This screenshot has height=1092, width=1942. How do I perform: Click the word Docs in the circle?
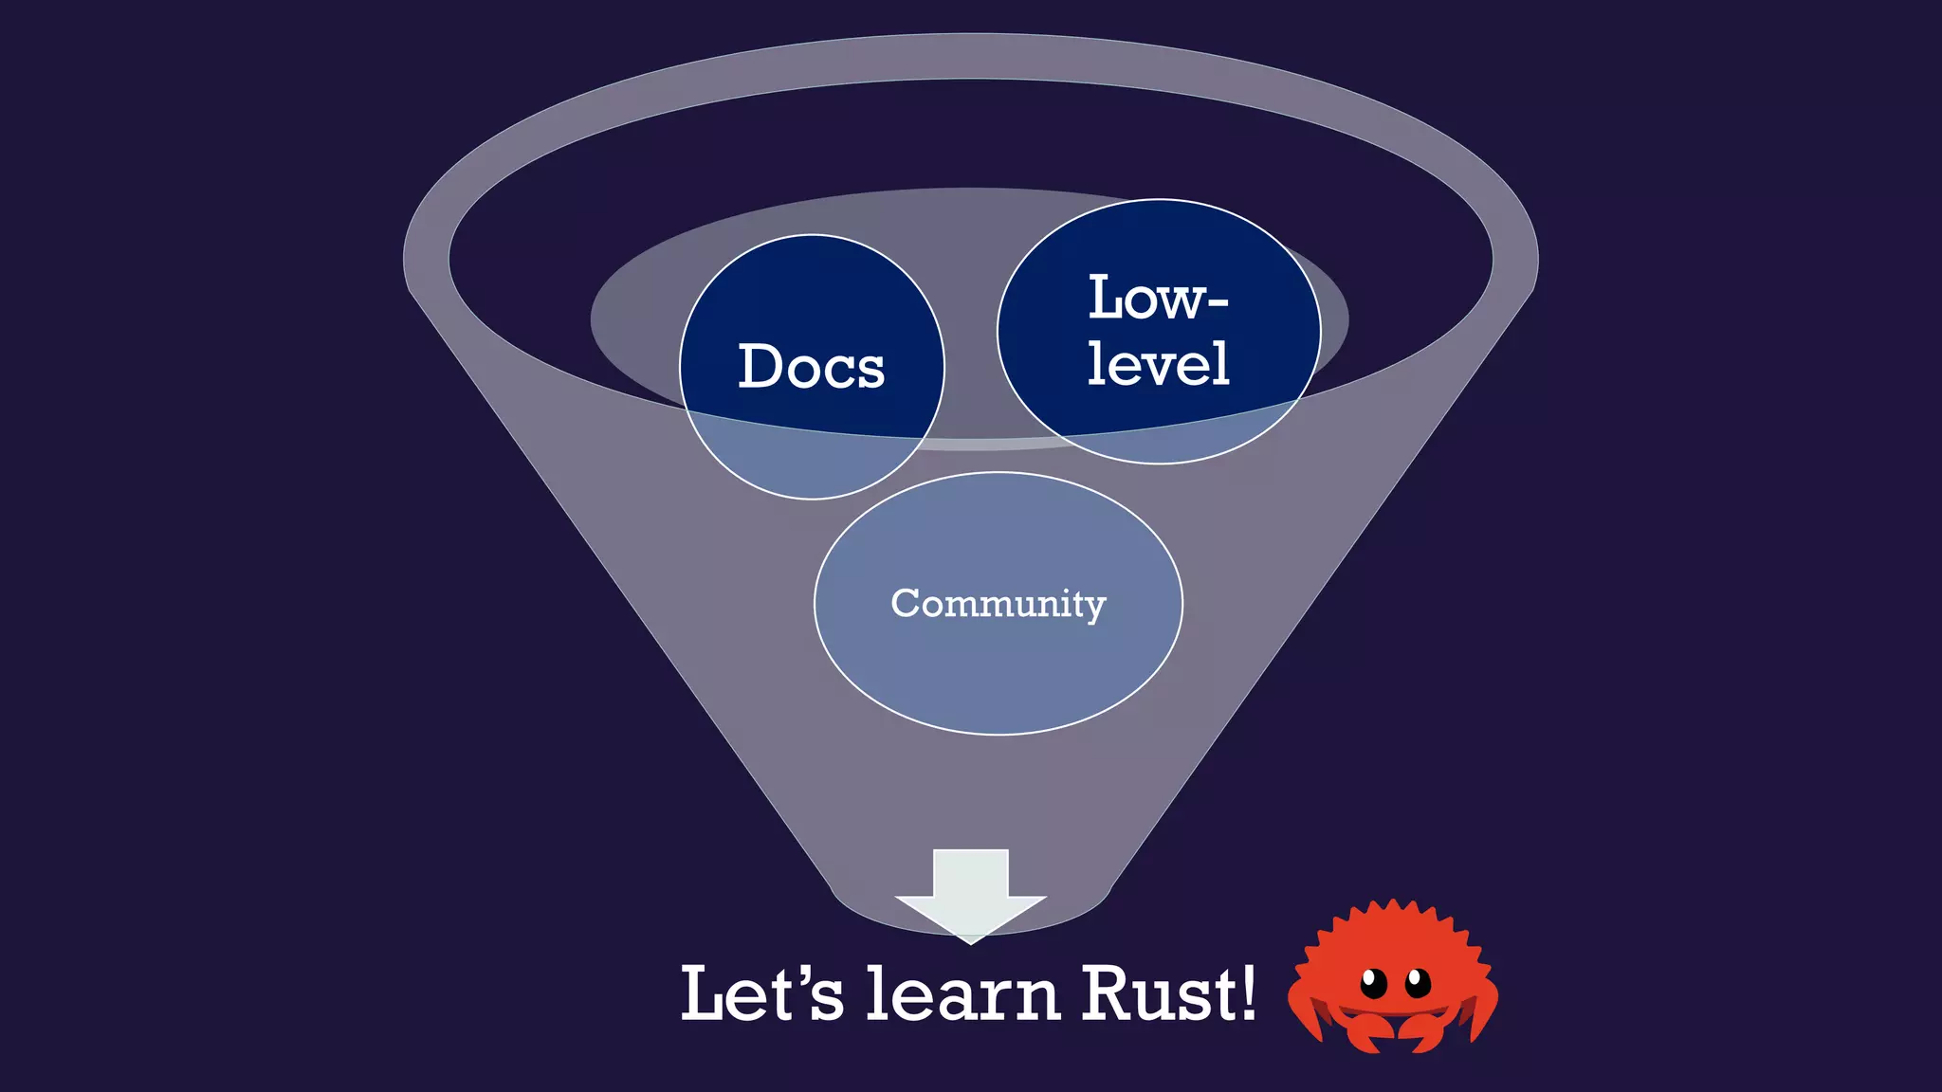[x=812, y=367]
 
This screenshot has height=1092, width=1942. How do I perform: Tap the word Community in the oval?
[x=998, y=604]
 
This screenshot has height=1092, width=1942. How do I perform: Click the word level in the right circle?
[x=1158, y=364]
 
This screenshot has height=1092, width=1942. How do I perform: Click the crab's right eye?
[x=1418, y=982]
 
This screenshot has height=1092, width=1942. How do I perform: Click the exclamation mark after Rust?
[x=1248, y=992]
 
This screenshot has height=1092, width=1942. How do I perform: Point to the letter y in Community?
[x=1095, y=608]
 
